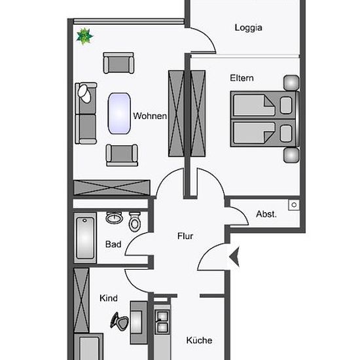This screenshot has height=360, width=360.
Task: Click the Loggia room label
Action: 248,27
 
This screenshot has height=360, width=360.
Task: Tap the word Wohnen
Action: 150,116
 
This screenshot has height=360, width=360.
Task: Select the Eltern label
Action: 242,78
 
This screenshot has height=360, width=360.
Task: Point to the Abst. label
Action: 266,214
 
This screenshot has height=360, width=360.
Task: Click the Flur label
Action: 185,236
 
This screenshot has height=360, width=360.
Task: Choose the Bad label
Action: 113,244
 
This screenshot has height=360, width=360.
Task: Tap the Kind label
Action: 109,298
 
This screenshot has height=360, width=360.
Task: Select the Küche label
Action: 199,340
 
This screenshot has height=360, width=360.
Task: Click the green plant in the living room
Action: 84,36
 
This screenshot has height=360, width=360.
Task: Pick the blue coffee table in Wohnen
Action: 119,113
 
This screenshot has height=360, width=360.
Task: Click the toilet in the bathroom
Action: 135,222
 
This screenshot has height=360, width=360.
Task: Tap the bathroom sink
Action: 114,218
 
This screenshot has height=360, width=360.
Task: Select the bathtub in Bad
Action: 85,238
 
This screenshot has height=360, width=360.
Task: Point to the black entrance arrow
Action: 234,257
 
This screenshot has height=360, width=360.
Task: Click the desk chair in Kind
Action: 119,321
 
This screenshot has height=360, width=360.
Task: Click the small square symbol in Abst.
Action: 294,205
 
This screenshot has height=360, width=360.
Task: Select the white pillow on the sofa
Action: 84,94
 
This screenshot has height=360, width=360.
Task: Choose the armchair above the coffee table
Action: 118,63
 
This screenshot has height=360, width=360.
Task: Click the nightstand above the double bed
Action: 291,83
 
